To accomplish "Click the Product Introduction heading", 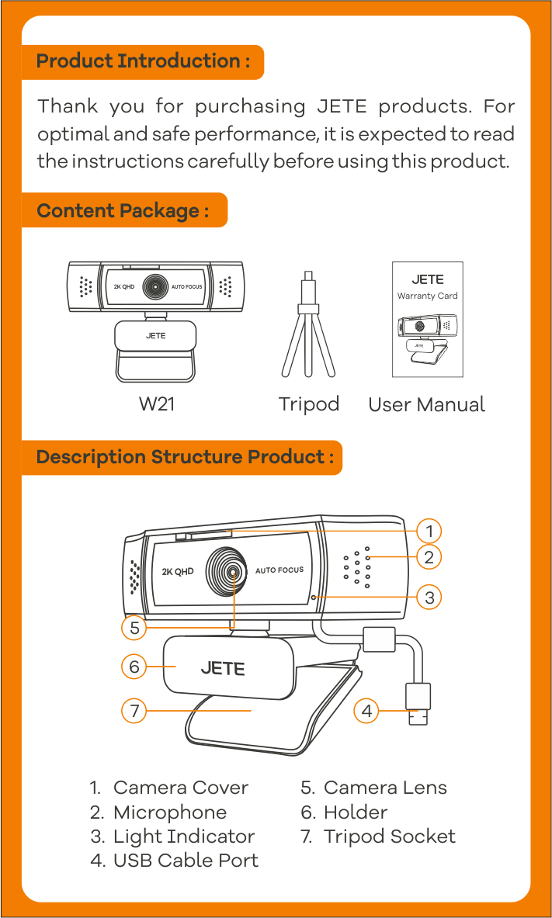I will (144, 61).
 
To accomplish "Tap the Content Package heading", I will (123, 210).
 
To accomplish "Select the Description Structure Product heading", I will (185, 456).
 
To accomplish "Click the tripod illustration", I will (308, 326).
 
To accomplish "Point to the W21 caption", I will (156, 404).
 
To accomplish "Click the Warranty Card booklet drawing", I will (427, 320).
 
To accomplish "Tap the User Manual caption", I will (426, 404).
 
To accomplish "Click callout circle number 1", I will (429, 531).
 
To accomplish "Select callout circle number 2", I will (429, 556).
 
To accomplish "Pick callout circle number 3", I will (429, 597).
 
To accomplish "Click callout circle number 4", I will (366, 710).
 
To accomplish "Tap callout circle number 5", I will (134, 627).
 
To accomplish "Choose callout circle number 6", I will (134, 667).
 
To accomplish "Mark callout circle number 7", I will (134, 710).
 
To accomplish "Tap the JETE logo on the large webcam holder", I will (223, 667).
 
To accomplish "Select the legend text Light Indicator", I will (184, 837).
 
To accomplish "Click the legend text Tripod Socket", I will (389, 837).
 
